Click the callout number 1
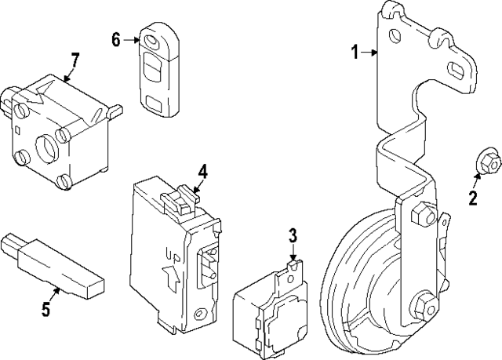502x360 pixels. click(355, 53)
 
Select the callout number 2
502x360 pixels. click(473, 198)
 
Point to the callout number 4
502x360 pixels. click(202, 172)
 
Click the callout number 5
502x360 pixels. click(46, 309)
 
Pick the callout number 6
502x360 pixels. click(116, 40)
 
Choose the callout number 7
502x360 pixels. click(75, 60)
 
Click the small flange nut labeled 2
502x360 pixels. click(489, 162)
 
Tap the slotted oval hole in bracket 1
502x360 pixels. click(457, 71)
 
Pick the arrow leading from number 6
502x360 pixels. click(131, 40)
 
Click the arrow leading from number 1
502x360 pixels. click(369, 53)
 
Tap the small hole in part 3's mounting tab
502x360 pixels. click(290, 278)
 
